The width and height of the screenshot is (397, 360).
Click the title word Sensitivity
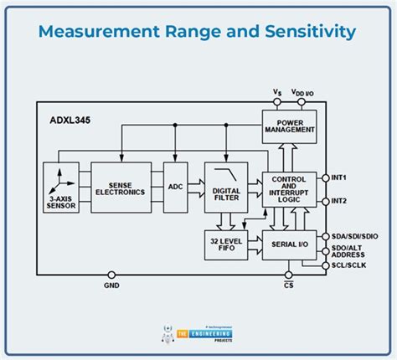(x=299, y=32)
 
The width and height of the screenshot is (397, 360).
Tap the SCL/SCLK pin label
(x=351, y=265)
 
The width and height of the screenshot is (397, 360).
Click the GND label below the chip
(x=112, y=285)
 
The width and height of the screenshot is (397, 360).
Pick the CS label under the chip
(x=289, y=285)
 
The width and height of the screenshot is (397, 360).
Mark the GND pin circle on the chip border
(x=112, y=273)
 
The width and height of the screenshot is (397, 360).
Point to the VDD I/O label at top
(x=304, y=92)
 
